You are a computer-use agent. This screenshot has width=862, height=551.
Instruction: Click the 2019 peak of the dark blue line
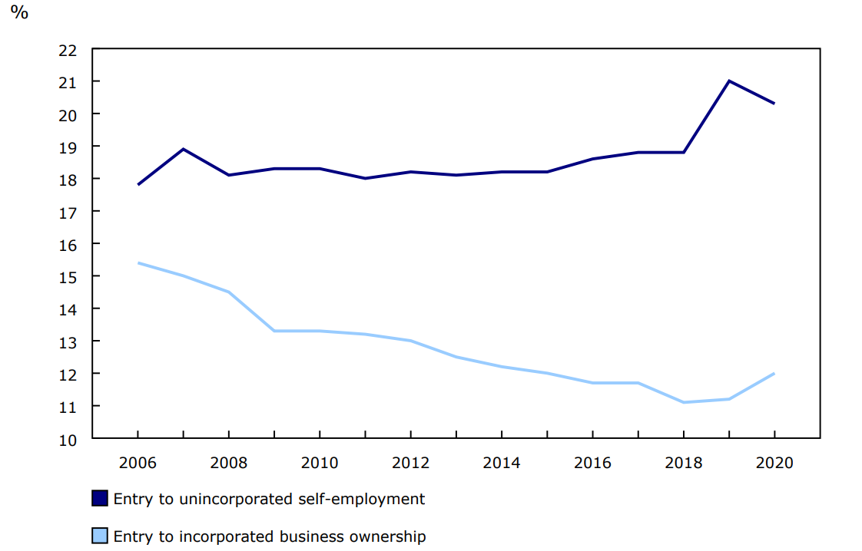pyautogui.click(x=728, y=81)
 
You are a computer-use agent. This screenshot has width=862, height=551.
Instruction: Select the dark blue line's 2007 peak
pyautogui.click(x=183, y=149)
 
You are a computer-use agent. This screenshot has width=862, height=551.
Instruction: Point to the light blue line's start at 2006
pyautogui.click(x=138, y=263)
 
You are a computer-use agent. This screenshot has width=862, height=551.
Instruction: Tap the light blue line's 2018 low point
pyautogui.click(x=683, y=402)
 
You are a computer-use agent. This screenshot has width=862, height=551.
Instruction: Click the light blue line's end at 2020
pyautogui.click(x=774, y=374)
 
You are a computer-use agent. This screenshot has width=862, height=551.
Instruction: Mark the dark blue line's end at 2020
pyautogui.click(x=774, y=104)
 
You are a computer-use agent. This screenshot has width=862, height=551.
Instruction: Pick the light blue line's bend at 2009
pyautogui.click(x=274, y=331)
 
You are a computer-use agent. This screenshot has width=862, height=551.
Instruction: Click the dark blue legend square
pyautogui.click(x=100, y=499)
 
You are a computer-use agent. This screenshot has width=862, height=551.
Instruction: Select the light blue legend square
pyautogui.click(x=100, y=536)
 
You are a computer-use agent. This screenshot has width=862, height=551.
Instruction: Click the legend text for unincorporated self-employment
pyautogui.click(x=269, y=499)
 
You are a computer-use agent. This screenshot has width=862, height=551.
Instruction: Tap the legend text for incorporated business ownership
pyautogui.click(x=269, y=536)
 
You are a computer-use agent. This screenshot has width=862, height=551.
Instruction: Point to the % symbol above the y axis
pyautogui.click(x=19, y=13)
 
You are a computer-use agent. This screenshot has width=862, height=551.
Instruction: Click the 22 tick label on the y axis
pyautogui.click(x=68, y=50)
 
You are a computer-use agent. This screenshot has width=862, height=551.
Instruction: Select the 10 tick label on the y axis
pyautogui.click(x=68, y=439)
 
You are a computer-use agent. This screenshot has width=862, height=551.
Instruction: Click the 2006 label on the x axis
pyautogui.click(x=138, y=463)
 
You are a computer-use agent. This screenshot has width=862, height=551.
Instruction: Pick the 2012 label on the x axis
pyautogui.click(x=410, y=463)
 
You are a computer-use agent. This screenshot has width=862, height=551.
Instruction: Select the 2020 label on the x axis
pyautogui.click(x=774, y=463)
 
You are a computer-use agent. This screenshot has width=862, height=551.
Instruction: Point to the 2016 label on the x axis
pyautogui.click(x=592, y=463)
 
